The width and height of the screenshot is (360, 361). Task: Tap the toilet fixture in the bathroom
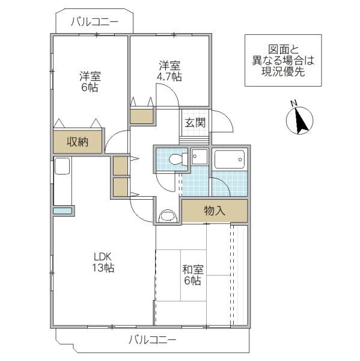click(x=175, y=159)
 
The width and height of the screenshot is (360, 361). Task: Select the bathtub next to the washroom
click(x=229, y=160)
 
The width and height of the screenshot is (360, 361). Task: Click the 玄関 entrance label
click(x=195, y=123)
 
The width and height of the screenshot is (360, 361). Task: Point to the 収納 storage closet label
click(x=78, y=142)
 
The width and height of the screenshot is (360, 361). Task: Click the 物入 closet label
click(x=215, y=211)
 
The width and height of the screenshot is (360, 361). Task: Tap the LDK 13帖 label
click(x=103, y=261)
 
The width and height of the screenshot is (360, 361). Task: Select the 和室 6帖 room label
click(x=192, y=276)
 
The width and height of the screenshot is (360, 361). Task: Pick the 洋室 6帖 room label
click(x=91, y=82)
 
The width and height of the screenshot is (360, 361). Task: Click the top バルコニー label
click(x=94, y=22)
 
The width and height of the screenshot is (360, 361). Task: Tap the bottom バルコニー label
click(x=152, y=339)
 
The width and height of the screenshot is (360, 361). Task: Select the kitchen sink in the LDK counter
click(x=63, y=167)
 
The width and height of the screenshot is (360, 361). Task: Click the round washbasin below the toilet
click(x=168, y=215)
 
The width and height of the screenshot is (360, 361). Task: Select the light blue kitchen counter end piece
click(x=63, y=211)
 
